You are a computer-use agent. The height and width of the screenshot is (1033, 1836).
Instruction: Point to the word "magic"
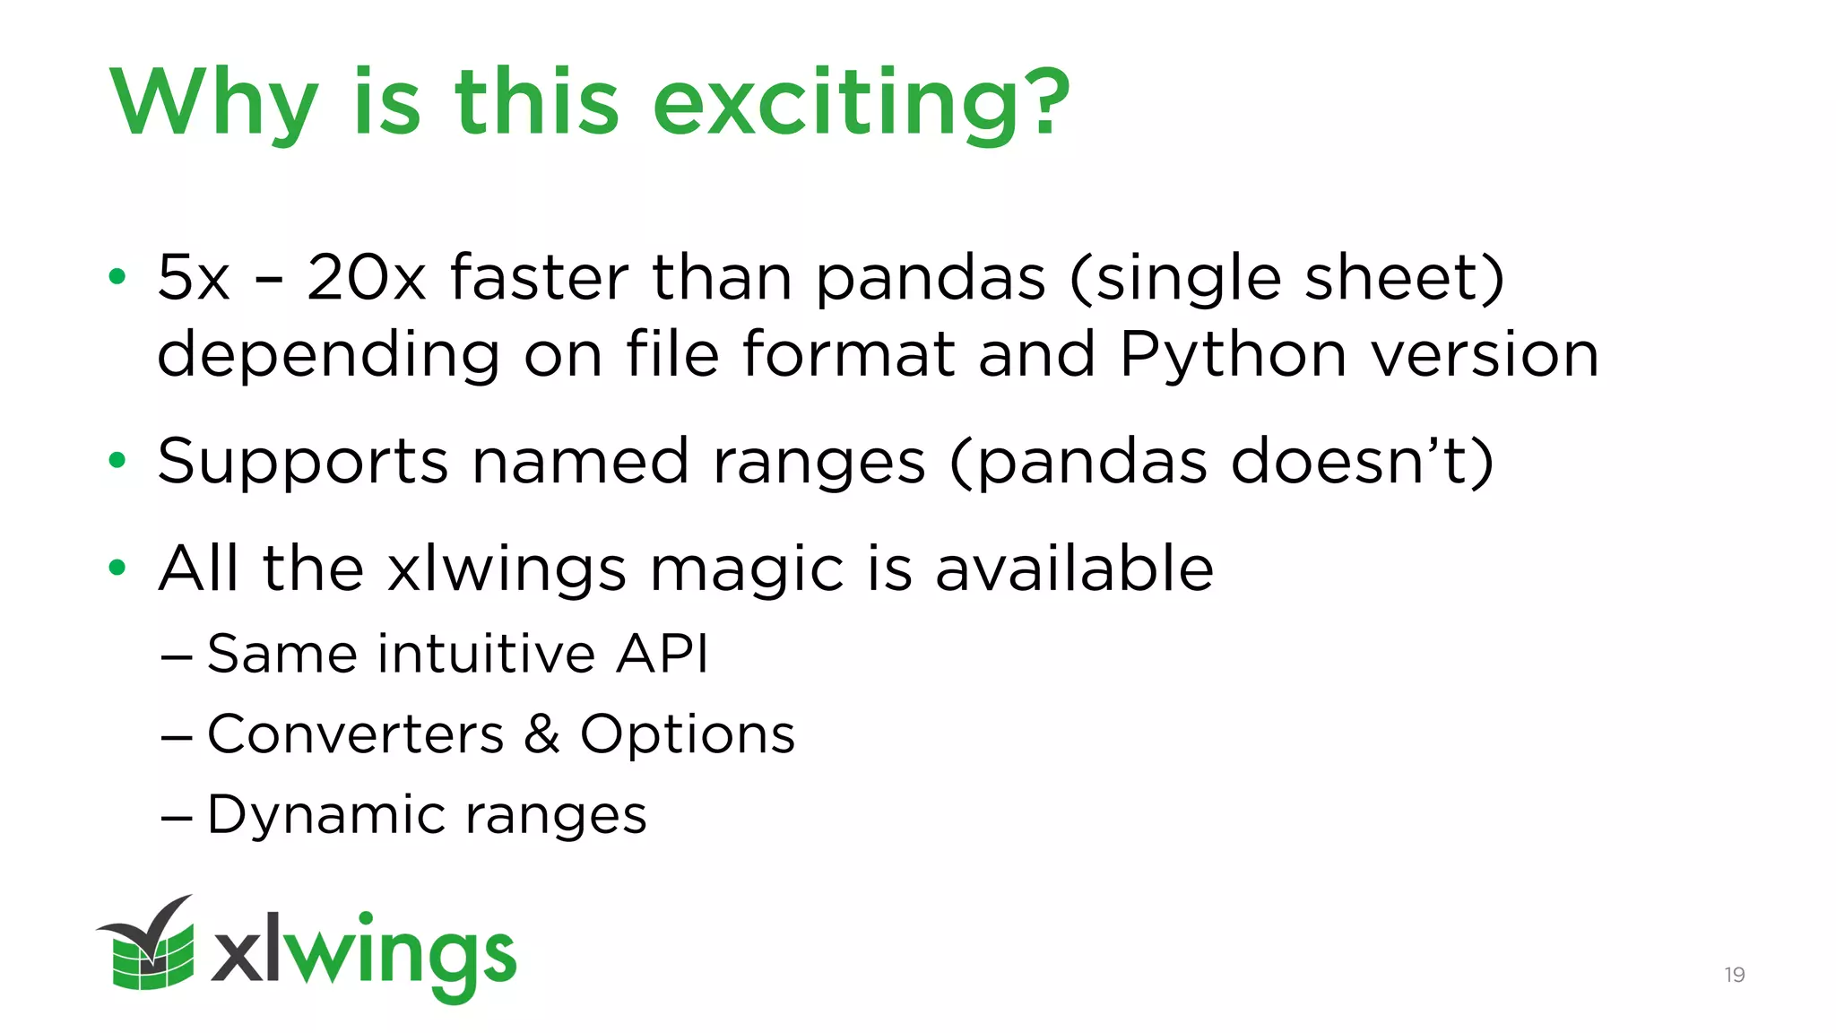[x=747, y=571]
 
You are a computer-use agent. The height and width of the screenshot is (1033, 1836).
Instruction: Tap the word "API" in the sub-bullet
[x=663, y=653]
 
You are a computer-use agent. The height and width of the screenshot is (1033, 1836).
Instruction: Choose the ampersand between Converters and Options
[x=542, y=734]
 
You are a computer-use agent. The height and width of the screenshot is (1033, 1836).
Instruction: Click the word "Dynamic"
[x=325, y=816]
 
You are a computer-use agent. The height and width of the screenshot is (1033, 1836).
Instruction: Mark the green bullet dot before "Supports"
[x=117, y=461]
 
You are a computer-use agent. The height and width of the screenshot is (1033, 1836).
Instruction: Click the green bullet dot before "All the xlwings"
[x=117, y=568]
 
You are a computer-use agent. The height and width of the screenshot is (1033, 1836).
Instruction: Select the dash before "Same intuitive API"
[x=177, y=656]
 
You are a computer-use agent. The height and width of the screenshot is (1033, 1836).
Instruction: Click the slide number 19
[x=1734, y=975]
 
